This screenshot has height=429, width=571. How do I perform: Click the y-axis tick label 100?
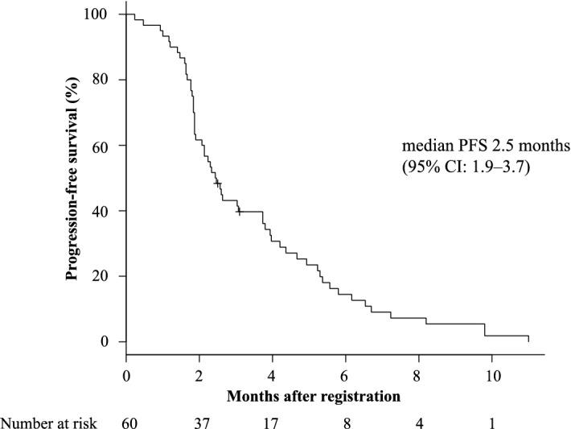tap(102, 14)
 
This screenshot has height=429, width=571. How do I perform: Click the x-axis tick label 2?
tap(199, 377)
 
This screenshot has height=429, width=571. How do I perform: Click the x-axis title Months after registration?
tap(314, 396)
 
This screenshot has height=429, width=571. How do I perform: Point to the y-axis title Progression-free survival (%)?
tap(72, 178)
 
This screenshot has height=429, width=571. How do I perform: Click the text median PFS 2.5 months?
tap(486, 147)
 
